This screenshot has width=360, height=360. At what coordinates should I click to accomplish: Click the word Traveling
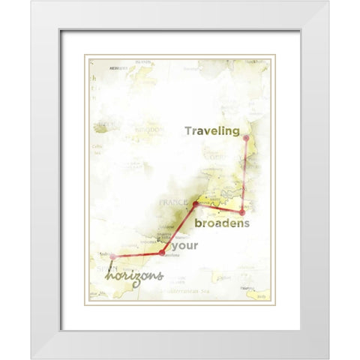click(x=212, y=131)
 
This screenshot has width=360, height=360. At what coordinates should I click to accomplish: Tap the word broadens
click(x=222, y=223)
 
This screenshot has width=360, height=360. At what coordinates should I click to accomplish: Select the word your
click(x=186, y=246)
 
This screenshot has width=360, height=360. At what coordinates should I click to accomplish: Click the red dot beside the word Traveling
click(x=246, y=138)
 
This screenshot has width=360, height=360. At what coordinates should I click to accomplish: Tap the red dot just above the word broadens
click(x=241, y=213)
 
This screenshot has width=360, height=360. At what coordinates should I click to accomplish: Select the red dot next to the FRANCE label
click(x=196, y=204)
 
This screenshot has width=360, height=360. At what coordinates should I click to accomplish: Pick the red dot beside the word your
click(x=162, y=253)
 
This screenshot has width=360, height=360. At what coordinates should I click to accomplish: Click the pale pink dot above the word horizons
click(x=113, y=257)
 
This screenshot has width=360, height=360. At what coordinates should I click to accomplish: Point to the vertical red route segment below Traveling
click(x=244, y=176)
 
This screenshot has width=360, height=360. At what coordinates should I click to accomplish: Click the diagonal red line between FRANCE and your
click(x=179, y=228)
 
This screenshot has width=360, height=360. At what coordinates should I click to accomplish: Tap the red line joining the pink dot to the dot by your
click(x=138, y=255)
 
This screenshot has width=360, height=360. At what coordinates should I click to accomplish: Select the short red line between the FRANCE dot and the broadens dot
click(x=219, y=208)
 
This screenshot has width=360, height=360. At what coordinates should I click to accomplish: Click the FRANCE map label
click(x=172, y=202)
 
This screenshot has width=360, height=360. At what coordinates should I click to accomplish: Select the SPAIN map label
click(x=97, y=268)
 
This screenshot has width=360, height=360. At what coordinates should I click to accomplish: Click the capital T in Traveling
click(x=189, y=131)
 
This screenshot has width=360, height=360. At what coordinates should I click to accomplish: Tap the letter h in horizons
click(x=109, y=276)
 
